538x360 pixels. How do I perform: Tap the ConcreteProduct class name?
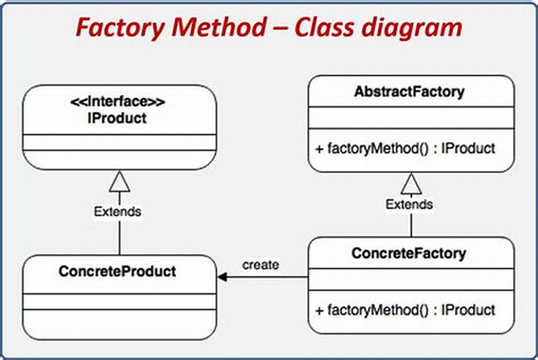117,272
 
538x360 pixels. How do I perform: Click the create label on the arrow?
260,265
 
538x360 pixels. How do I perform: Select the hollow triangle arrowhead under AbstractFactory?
410,182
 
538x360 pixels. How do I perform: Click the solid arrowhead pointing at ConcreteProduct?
223,277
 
